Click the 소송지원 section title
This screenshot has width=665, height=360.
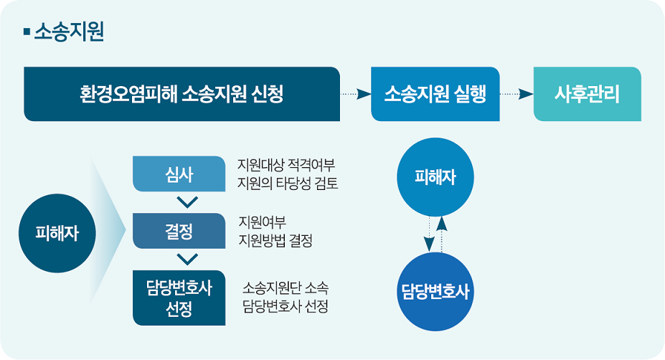(69, 32)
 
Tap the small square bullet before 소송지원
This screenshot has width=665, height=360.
(27, 32)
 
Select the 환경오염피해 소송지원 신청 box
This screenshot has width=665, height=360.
(181, 94)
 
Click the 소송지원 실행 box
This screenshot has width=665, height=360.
(435, 94)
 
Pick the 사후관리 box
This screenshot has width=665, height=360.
(587, 94)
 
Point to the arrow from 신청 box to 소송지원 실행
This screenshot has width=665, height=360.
(355, 94)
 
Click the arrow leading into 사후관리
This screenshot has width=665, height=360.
(517, 94)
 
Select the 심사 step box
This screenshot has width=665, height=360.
(179, 174)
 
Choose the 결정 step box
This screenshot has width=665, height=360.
(179, 231)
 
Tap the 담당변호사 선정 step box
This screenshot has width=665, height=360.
(179, 298)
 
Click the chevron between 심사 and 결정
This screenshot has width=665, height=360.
(187, 202)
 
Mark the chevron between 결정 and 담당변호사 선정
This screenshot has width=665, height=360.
(187, 259)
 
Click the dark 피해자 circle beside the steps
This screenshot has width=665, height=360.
(57, 233)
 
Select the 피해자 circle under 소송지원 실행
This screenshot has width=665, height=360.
(435, 177)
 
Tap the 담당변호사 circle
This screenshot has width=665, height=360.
(435, 292)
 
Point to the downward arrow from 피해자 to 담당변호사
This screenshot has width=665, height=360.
(429, 234)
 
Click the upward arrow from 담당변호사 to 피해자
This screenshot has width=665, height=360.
(441, 234)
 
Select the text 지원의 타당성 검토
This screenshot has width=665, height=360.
(288, 183)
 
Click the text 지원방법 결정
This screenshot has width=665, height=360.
(275, 240)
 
